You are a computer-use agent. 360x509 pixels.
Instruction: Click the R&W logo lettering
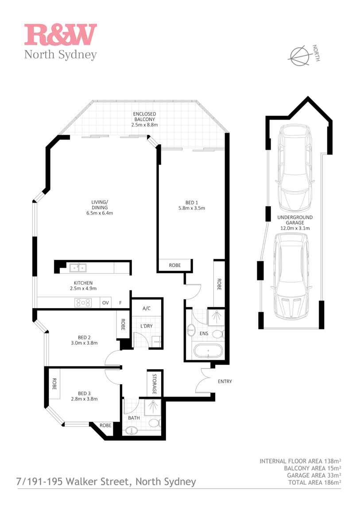(x=61, y=35)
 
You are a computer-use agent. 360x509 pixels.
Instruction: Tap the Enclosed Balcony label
(x=144, y=116)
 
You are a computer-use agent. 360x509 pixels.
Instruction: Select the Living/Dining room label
(x=100, y=205)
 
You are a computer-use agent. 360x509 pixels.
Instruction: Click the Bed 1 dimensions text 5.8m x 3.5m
(x=192, y=208)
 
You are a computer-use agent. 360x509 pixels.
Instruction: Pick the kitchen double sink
(x=78, y=268)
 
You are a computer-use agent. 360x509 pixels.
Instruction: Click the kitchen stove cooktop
(x=83, y=303)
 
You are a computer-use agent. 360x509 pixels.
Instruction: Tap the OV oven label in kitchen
(x=105, y=303)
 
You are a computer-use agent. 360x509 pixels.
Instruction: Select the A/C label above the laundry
(x=147, y=308)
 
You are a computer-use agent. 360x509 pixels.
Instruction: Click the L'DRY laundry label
(x=147, y=326)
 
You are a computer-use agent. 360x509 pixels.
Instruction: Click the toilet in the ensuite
(x=218, y=334)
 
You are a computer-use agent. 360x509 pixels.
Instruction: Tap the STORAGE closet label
(x=155, y=384)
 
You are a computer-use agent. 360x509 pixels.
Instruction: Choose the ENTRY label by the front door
(x=225, y=382)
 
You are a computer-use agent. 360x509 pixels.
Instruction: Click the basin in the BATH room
(x=131, y=431)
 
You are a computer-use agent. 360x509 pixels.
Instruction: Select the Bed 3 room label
(x=84, y=393)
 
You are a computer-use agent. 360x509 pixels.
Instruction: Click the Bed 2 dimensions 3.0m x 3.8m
(x=84, y=343)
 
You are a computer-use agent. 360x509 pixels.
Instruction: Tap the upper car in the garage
(x=295, y=168)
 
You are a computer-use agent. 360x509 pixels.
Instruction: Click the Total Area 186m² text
(x=314, y=482)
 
